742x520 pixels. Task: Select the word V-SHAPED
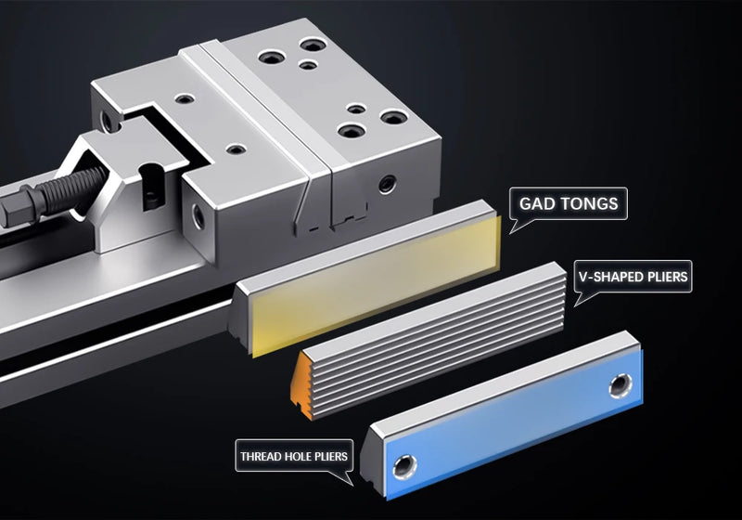coord(613,276)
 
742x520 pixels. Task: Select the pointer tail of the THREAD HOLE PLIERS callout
coord(349,479)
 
